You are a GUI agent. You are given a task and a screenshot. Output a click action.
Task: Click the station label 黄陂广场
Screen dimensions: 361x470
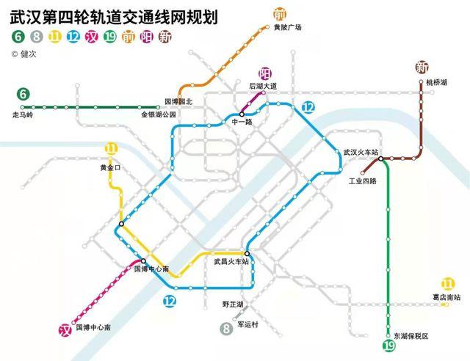288,28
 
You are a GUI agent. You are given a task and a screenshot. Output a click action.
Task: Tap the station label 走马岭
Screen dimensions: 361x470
24,114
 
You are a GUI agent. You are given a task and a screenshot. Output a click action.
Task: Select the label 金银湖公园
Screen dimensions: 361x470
159,115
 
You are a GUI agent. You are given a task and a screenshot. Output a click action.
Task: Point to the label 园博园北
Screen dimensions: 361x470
177,101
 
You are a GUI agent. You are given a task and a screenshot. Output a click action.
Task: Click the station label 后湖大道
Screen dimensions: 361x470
263,86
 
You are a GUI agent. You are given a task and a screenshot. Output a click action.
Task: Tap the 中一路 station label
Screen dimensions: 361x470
242,122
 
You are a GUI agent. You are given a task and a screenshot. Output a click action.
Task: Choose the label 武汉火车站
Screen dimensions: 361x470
361,152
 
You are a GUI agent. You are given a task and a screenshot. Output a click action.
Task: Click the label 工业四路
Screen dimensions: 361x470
363,180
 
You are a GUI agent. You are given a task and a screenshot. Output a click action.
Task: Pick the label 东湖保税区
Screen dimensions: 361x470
411,335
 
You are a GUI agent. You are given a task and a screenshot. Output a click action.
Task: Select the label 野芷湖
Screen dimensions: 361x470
233,303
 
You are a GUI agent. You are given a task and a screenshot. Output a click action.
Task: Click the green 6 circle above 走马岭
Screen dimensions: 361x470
24,94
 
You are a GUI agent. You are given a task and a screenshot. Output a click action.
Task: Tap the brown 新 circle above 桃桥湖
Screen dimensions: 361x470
421,68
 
